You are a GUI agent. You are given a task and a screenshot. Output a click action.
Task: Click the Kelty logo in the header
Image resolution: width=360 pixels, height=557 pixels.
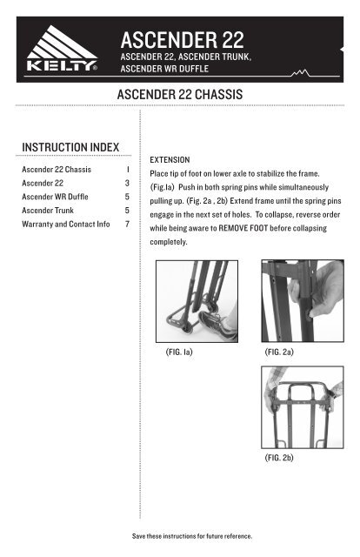62,49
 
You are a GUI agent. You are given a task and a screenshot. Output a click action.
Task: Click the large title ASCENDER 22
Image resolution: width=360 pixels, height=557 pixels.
182,40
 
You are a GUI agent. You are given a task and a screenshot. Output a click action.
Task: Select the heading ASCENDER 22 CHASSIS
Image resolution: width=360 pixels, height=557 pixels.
180,95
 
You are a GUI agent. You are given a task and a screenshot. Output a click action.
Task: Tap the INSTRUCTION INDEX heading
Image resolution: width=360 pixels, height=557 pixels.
70,147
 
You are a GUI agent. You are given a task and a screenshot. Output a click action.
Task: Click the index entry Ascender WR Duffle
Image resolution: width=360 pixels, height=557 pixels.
55,197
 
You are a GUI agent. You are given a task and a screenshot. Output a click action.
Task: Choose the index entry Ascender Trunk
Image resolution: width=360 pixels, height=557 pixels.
48,211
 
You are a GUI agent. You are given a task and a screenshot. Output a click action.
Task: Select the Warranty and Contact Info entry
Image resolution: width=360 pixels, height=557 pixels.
66,225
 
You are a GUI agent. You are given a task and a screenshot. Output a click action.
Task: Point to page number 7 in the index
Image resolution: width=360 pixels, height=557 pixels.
127,225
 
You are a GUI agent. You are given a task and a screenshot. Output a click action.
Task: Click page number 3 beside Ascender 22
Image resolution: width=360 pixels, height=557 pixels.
127,184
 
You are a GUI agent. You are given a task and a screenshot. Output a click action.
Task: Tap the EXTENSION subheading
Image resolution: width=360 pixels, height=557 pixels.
170,160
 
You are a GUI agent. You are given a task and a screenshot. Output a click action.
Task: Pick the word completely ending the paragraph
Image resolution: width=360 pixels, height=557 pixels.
169,242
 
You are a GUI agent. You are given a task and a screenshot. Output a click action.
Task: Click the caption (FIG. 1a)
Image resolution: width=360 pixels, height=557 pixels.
179,352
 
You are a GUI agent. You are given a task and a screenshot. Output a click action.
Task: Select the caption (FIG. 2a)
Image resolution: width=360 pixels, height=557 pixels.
279,352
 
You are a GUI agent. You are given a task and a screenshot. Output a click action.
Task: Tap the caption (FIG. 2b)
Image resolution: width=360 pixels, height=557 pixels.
279,458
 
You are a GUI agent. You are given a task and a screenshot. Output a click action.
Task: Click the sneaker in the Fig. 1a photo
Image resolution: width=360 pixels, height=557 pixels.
217,324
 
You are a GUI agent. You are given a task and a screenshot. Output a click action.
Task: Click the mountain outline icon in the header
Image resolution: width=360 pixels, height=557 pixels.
300,73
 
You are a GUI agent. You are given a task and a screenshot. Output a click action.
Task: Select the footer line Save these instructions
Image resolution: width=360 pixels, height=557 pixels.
192,536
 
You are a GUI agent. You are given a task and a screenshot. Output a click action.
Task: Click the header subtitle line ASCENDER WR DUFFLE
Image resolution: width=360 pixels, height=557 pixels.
164,69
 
